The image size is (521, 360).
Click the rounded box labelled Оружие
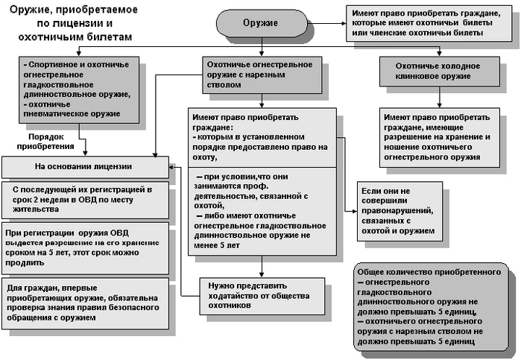260,23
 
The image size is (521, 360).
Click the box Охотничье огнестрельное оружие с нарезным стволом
259,75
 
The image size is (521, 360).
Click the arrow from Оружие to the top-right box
328,23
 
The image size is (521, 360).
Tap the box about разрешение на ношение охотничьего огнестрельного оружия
437,137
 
